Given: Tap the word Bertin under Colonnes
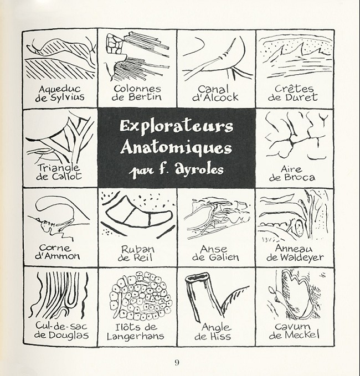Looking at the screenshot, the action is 145,97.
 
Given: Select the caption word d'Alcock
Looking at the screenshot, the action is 215,97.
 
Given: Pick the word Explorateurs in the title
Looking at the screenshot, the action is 177,126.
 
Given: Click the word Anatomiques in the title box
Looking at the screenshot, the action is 176,148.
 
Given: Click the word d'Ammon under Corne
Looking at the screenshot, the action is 57,256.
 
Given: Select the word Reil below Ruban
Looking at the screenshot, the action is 143,257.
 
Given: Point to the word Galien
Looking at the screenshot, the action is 224,257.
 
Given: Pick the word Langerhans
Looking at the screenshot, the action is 136,336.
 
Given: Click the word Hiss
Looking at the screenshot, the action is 220,336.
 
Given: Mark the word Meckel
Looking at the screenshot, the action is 302,334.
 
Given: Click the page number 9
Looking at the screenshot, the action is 177,362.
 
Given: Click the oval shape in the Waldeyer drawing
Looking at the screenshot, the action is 299,227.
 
